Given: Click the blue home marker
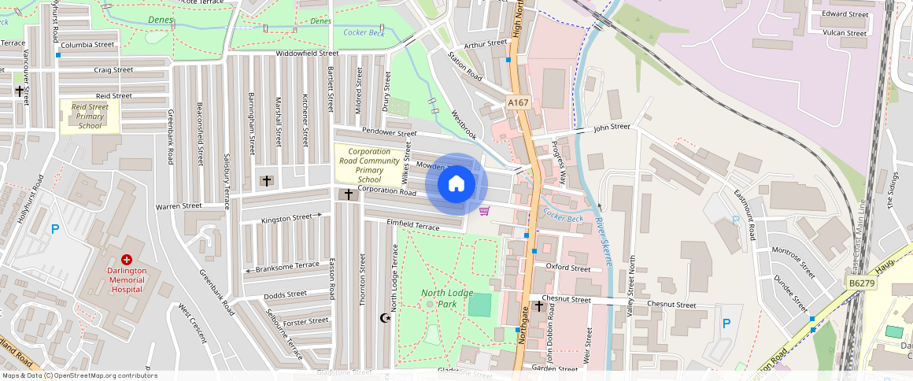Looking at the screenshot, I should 456,184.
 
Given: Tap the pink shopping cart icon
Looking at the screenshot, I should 484,210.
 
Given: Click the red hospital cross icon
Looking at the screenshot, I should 127,259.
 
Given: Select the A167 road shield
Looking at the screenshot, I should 517,102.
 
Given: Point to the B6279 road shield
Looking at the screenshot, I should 861,281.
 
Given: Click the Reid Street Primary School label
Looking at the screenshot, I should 90,115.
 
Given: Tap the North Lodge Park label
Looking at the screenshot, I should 446,298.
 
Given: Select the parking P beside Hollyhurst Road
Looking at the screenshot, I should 54,229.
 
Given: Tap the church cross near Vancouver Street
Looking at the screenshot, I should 19,91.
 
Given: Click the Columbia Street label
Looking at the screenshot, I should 87,45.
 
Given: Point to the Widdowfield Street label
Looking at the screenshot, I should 306,54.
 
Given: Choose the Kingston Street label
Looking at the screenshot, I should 286,218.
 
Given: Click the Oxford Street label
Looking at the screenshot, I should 568,268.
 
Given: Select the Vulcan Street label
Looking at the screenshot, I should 845,33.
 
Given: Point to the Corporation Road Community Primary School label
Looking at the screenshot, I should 369,165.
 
